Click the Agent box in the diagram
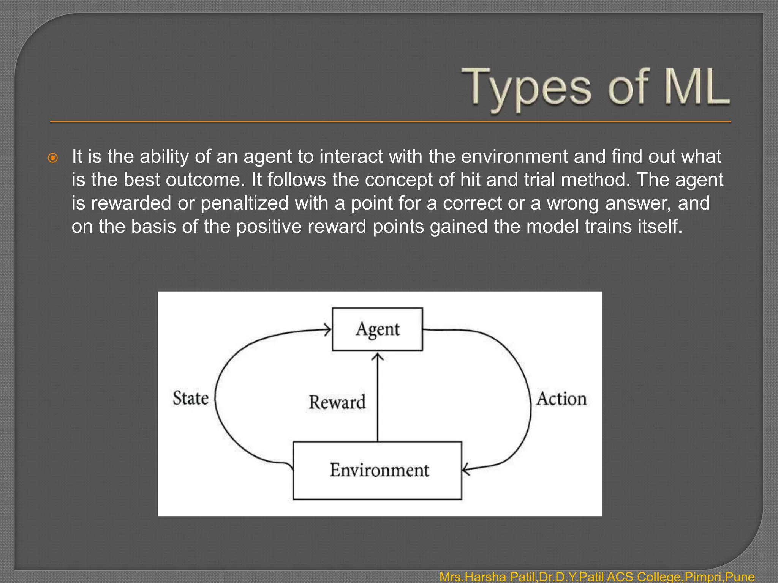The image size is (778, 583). [377, 329]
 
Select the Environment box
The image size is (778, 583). [377, 470]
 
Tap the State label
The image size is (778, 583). [191, 398]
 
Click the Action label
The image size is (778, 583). [561, 399]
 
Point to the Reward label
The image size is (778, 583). [337, 402]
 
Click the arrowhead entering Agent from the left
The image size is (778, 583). [328, 329]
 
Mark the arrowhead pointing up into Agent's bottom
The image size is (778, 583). [377, 356]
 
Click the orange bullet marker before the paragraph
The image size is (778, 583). [53, 158]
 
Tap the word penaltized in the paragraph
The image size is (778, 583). [244, 203]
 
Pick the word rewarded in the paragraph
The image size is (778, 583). [131, 203]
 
